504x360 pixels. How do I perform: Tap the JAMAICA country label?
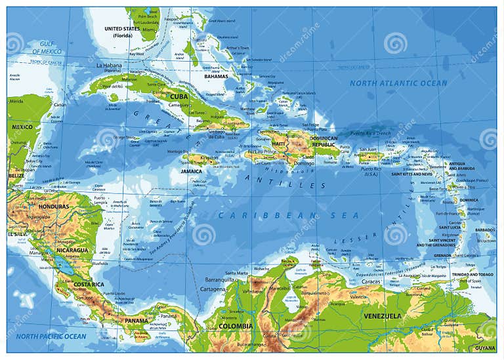tap(191, 171)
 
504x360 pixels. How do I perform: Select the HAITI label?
tap(278, 144)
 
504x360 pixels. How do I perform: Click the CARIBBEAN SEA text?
tap(289, 215)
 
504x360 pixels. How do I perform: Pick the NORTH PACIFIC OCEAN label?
tap(52, 336)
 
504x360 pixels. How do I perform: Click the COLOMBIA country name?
tap(236, 326)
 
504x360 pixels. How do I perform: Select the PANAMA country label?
tap(136, 320)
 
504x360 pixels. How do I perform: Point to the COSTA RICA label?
tap(88, 284)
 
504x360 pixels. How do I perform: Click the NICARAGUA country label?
tap(72, 250)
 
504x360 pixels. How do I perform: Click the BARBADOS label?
tap(485, 230)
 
